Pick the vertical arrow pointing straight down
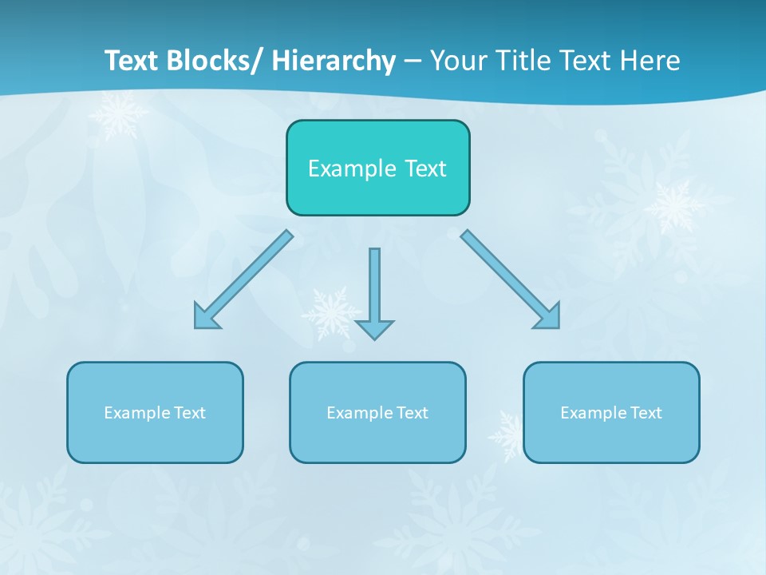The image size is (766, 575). click(374, 291)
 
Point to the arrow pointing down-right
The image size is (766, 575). click(511, 280)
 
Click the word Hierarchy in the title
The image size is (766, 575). click(334, 60)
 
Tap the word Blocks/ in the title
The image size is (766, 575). click(215, 60)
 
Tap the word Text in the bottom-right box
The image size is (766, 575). click(645, 413)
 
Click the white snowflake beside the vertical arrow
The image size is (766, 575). click(327, 312)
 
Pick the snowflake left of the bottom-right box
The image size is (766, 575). click(507, 435)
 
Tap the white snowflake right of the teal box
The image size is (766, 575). click(675, 205)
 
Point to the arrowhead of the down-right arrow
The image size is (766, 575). click(549, 317)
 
